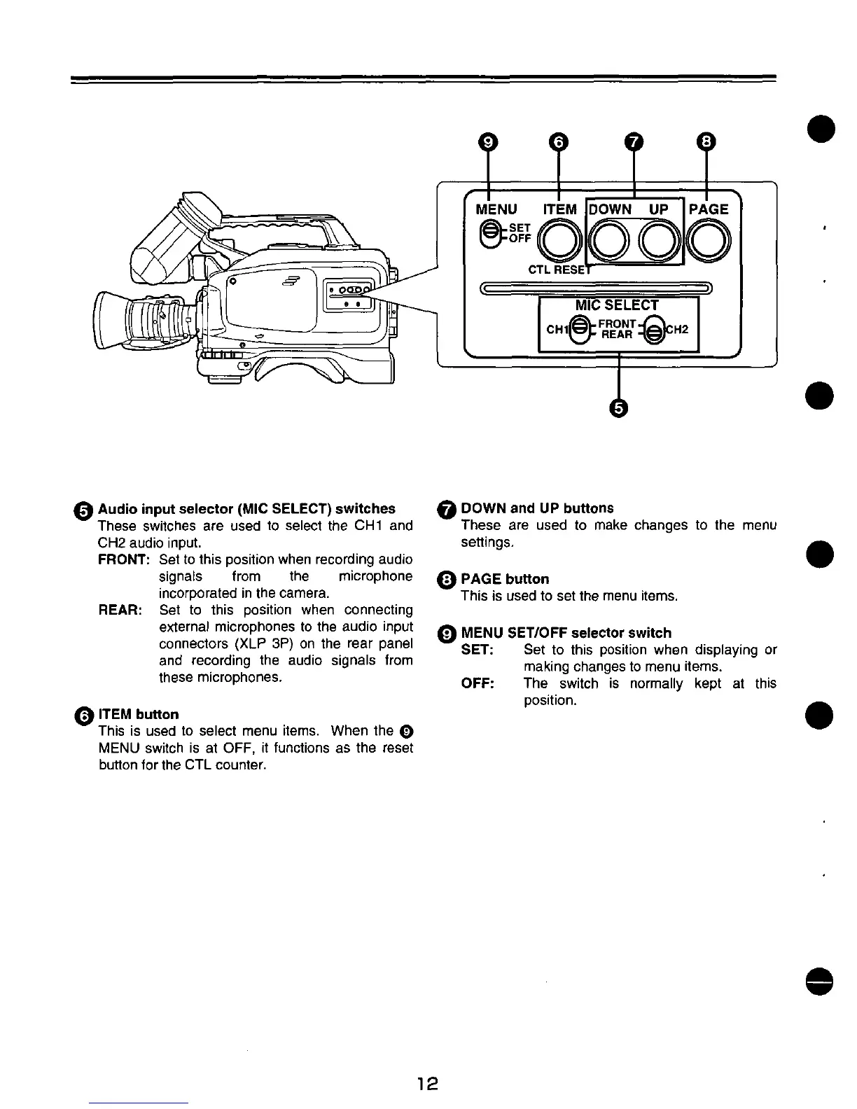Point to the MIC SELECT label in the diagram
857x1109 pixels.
[x=617, y=305]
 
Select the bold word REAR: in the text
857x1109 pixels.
[x=120, y=610]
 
